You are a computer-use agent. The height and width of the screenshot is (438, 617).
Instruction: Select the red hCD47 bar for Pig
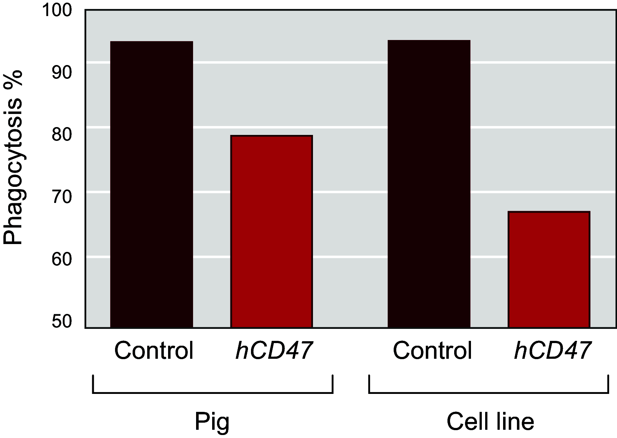[272, 231]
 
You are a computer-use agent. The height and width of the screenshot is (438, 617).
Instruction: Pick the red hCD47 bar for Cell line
[549, 269]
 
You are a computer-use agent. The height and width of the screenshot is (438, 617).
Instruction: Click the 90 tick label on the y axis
[61, 73]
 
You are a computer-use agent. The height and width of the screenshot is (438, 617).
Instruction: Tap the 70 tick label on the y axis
[61, 197]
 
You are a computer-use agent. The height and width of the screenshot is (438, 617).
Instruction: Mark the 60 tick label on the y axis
[61, 259]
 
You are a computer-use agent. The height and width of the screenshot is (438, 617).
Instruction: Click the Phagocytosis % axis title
[13, 157]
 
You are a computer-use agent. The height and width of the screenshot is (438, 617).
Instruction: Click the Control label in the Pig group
[154, 351]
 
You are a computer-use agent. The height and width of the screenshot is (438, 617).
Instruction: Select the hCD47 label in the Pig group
[274, 351]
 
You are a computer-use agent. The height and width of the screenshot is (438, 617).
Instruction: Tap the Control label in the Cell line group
[432, 351]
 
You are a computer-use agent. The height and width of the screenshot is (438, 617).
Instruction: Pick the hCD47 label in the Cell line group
[552, 351]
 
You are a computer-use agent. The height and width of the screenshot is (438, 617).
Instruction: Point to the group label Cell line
[490, 422]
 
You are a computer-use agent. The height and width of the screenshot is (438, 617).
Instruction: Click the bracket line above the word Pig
[212, 393]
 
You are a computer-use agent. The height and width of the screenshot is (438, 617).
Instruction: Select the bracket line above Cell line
[489, 393]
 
